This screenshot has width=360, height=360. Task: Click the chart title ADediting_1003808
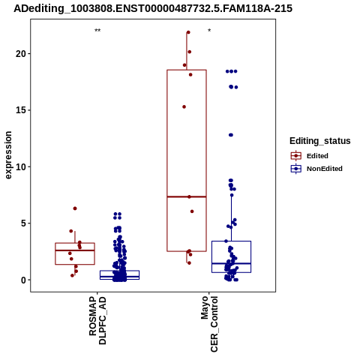coord(153,8)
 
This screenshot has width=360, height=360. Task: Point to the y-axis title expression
coord(8,155)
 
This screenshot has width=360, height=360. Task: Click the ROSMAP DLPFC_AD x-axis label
coord(97,320)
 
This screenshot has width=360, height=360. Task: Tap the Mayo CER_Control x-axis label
coord(209,324)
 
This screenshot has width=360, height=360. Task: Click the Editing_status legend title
coord(320,141)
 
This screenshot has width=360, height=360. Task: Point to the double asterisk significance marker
coord(97,31)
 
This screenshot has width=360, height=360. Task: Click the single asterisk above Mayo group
coord(209,31)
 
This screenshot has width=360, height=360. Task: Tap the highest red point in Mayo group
coord(188,32)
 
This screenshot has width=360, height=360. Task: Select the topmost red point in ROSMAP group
coord(75,208)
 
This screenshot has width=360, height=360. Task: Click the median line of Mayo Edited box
coord(187,196)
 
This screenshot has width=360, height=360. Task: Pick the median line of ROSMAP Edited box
coord(75,250)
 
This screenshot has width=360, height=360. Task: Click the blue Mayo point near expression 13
coord(231,135)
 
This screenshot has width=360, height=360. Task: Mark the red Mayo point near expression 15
coord(184,106)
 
